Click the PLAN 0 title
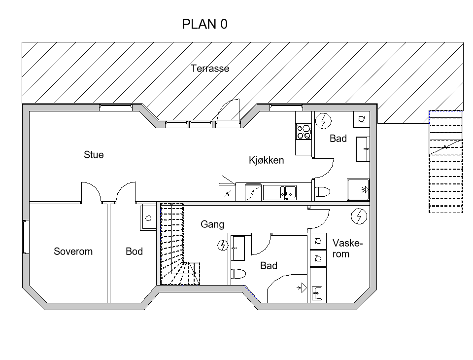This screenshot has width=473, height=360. pyautogui.click(x=204, y=24)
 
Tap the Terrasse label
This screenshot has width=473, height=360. pyautogui.click(x=210, y=69)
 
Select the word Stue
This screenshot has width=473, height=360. pyautogui.click(x=94, y=155)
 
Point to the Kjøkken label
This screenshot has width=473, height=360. pyautogui.click(x=267, y=160)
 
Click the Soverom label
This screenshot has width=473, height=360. pyautogui.click(x=73, y=252)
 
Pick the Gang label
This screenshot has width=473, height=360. pyautogui.click(x=212, y=224)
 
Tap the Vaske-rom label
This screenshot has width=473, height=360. pyautogui.click(x=347, y=249)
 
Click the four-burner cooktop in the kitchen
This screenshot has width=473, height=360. pyautogui.click(x=304, y=132)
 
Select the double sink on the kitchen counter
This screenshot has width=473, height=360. pyautogui.click(x=279, y=192)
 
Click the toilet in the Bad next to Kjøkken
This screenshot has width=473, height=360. pyautogui.click(x=322, y=191)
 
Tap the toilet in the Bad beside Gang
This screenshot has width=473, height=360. pyautogui.click(x=238, y=274)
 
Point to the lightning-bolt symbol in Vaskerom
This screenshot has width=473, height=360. pyautogui.click(x=359, y=216)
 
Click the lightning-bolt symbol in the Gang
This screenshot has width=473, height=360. pyautogui.click(x=223, y=245)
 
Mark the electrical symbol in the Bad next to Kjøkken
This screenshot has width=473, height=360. pyautogui.click(x=323, y=121)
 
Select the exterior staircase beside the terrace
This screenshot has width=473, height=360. pyautogui.click(x=446, y=162)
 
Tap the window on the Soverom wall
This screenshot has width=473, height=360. pyautogui.click(x=26, y=237)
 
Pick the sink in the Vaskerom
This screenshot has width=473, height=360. pyautogui.click(x=317, y=292)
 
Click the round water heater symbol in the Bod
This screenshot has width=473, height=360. pyautogui.click(x=148, y=218)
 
